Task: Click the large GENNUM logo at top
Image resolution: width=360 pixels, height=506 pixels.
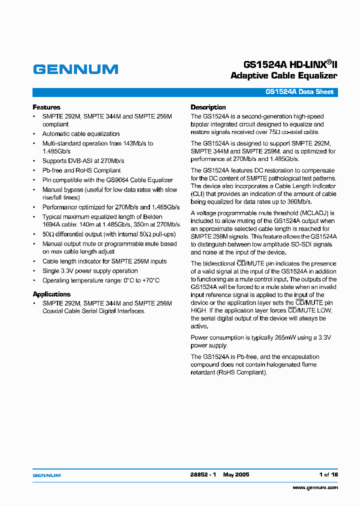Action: click(x=75, y=69)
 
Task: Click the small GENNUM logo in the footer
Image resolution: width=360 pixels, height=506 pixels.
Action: click(x=46, y=475)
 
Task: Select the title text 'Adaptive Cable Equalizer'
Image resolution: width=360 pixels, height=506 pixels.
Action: click(x=283, y=76)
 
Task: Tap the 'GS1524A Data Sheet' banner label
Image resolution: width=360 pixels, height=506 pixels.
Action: click(x=299, y=92)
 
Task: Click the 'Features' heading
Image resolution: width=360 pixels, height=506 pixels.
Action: click(x=46, y=107)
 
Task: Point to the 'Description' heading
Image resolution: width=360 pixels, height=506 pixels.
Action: click(x=208, y=107)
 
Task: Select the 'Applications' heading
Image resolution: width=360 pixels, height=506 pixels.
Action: click(x=51, y=294)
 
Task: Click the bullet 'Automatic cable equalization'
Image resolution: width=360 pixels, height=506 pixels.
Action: click(x=81, y=134)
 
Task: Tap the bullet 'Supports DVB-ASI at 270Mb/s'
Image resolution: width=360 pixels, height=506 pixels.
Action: click(x=83, y=161)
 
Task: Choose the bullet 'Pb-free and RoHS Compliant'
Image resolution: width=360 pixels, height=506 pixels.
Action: click(x=81, y=170)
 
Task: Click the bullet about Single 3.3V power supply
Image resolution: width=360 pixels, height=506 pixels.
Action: click(x=90, y=271)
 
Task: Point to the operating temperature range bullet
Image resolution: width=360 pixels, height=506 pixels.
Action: click(x=100, y=280)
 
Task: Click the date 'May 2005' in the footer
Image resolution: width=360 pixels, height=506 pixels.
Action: click(x=236, y=475)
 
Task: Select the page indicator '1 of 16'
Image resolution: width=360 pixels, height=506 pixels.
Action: click(x=328, y=475)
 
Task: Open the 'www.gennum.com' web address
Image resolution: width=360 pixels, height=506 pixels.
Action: click(x=315, y=487)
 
